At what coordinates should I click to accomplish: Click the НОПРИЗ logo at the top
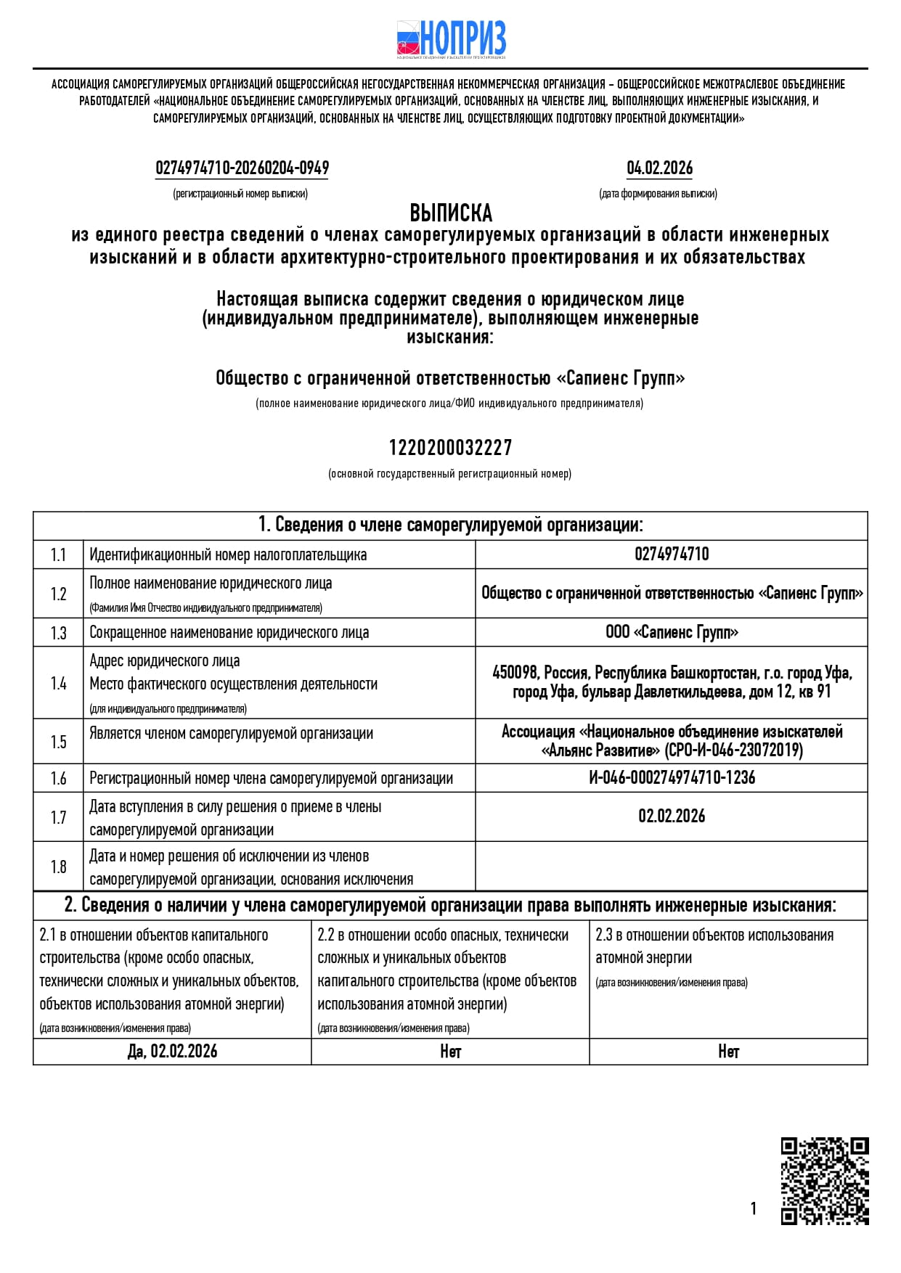[451, 38]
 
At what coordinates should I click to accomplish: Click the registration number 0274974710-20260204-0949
[242, 168]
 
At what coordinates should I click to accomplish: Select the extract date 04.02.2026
[659, 168]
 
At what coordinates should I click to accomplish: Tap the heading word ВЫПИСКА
[451, 213]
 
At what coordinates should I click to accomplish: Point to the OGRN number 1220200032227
[450, 448]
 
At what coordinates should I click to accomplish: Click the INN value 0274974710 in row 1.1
[672, 554]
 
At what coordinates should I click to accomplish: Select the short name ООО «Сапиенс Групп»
[672, 632]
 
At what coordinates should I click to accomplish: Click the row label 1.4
[58, 683]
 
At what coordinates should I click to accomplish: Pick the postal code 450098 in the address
[515, 673]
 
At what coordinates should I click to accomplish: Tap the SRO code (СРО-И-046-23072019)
[733, 750]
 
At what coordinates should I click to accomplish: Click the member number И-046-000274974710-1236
[672, 778]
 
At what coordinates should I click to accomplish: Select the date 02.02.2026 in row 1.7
[672, 816]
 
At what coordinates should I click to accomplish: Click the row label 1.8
[58, 867]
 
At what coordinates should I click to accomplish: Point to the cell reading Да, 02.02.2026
[172, 1052]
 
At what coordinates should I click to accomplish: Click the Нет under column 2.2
[450, 1052]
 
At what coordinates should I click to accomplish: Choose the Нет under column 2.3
[728, 1052]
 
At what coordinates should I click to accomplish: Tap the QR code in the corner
[825, 1181]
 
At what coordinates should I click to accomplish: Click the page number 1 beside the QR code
[754, 1208]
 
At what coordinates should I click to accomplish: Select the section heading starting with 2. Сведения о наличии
[450, 906]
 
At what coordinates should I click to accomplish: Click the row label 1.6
[58, 779]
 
